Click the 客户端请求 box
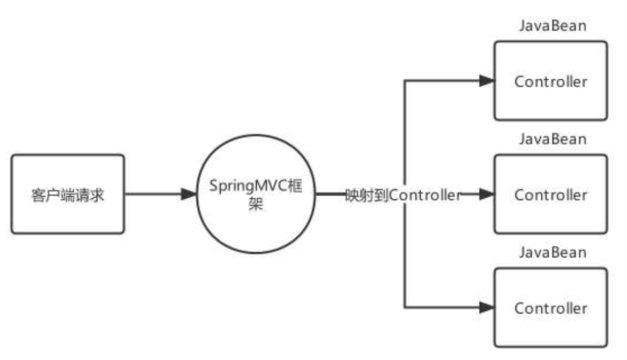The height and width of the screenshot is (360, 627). point(68,194)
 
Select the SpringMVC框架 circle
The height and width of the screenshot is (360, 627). point(255,194)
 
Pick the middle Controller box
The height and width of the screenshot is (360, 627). point(550,194)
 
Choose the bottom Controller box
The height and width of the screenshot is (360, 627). point(550,307)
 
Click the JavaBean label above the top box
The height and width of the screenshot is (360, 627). point(552,27)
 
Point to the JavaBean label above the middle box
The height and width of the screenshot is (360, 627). point(552,139)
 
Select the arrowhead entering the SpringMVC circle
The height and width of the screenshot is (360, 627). point(188,194)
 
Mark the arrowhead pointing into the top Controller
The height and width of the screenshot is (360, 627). point(487,81)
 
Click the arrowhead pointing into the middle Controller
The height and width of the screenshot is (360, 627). point(487,194)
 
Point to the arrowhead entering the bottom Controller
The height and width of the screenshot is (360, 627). point(487,307)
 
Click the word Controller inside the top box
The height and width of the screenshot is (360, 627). point(551,82)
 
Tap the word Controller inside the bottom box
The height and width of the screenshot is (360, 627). point(551,309)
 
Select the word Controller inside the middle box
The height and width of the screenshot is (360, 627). point(551,196)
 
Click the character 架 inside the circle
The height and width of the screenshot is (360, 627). point(255,206)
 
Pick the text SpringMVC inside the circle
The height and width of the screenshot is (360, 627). point(247,188)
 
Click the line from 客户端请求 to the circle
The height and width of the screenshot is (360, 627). point(153,194)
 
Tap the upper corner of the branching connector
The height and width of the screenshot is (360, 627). point(405,81)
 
